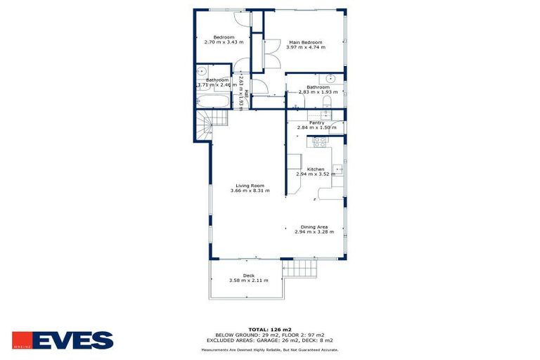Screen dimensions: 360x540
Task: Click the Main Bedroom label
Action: tap(305, 43)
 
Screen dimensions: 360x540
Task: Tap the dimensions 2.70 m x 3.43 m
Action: tap(219, 42)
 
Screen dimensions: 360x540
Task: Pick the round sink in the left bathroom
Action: tap(201, 71)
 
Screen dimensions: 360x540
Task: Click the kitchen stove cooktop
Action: tap(321, 141)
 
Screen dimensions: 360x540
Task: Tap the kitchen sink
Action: tap(337, 169)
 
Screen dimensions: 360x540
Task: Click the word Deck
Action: tap(248, 276)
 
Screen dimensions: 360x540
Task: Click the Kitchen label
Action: tap(316, 169)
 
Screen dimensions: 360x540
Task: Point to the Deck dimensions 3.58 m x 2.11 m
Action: tap(249, 281)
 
